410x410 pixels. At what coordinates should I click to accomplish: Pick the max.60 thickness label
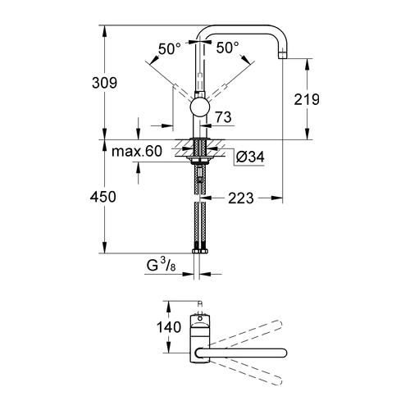[x=138, y=152]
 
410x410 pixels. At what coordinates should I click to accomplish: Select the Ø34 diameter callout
[x=249, y=157]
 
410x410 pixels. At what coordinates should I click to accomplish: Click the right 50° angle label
[x=227, y=49]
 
